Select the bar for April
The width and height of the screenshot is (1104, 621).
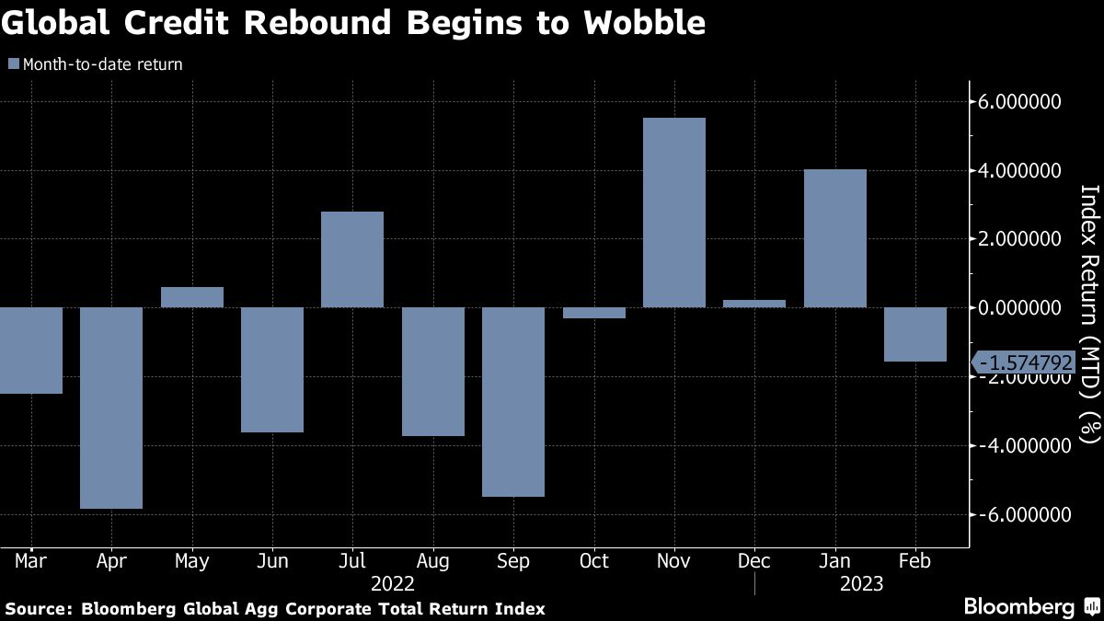[x=111, y=408]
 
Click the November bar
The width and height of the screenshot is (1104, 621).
[x=674, y=213]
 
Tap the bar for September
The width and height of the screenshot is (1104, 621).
[x=513, y=401]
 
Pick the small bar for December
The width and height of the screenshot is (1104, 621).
[x=754, y=303]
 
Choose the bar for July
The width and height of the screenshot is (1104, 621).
[x=352, y=259]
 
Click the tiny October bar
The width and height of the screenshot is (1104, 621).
[x=594, y=313]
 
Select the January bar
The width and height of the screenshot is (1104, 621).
[x=835, y=238]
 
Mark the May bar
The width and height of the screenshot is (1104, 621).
[x=191, y=297]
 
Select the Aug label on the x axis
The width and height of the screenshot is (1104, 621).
[x=432, y=561]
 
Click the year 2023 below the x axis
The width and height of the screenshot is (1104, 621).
[x=862, y=584]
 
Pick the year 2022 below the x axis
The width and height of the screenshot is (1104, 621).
[x=393, y=584]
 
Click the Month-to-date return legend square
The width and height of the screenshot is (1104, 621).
[x=13, y=64]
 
